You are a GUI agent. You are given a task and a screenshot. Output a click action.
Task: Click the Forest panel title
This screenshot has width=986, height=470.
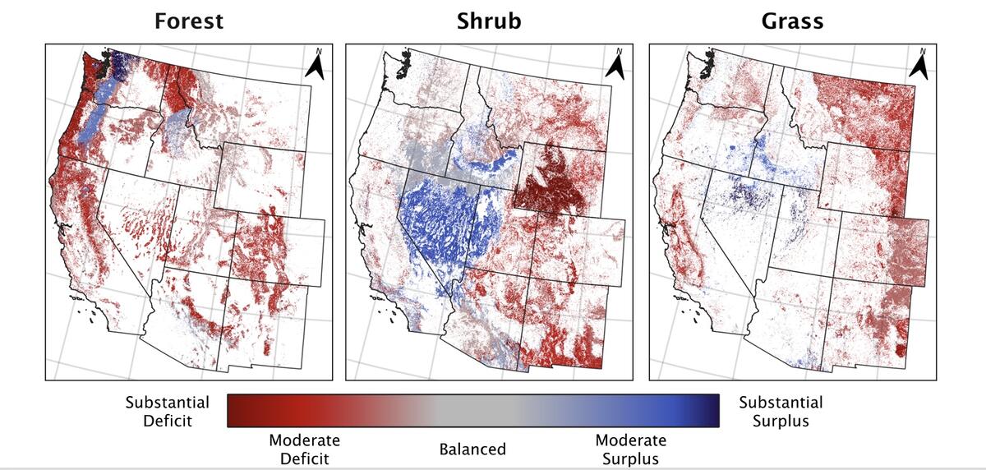click(x=188, y=21)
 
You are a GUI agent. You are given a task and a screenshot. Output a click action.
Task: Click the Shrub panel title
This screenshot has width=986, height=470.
click(x=489, y=21)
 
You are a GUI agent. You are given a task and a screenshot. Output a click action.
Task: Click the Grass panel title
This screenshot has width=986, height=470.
click(x=792, y=21)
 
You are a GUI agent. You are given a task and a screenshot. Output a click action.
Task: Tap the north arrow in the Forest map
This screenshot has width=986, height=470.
click(x=316, y=65)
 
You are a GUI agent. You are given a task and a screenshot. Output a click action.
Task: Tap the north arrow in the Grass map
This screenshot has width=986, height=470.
click(x=920, y=65)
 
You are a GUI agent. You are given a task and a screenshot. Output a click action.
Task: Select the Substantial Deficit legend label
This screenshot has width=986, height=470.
click(x=167, y=412)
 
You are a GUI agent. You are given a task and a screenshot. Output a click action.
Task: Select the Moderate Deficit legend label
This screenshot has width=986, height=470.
click(x=304, y=449)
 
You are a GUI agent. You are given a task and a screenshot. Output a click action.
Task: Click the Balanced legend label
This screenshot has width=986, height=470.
click(x=472, y=449)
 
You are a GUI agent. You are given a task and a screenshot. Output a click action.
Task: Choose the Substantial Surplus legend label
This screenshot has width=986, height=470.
click(x=780, y=412)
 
